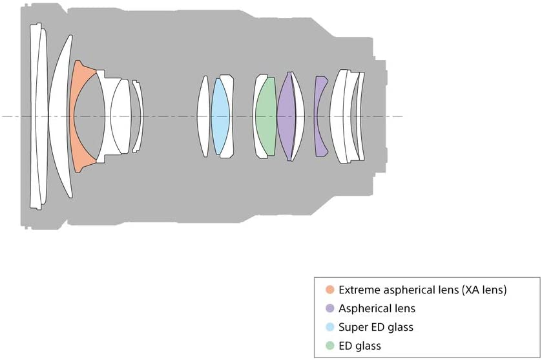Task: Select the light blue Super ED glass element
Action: (220, 116)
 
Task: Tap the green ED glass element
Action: (266, 116)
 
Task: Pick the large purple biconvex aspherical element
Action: (287, 116)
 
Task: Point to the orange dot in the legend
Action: (330, 290)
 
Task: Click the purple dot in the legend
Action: (330, 308)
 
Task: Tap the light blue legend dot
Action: (330, 327)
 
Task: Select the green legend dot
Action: (330, 346)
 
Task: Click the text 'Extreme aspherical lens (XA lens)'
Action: (422, 290)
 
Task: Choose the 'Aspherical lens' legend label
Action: (377, 308)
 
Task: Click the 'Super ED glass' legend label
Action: (376, 327)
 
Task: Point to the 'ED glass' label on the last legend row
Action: (359, 346)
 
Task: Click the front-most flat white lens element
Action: (34, 116)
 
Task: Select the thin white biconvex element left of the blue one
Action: (203, 116)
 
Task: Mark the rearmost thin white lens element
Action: (362, 116)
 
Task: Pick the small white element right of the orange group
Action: (138, 116)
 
